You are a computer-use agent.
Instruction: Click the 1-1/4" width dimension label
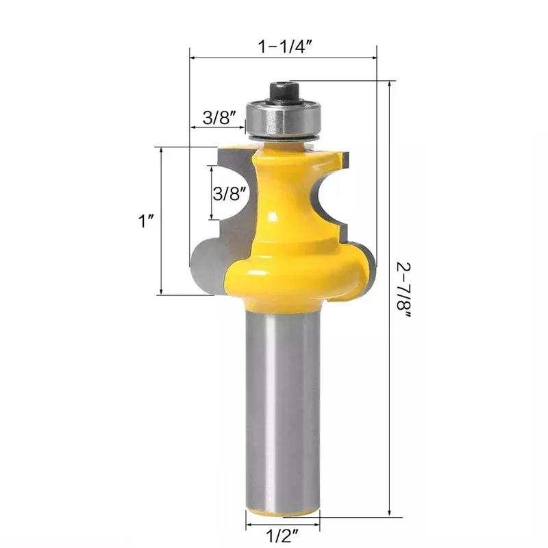(285, 47)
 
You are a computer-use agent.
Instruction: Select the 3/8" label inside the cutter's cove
(228, 193)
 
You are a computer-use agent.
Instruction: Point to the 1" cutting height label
(145, 221)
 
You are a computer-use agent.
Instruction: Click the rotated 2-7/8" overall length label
(406, 295)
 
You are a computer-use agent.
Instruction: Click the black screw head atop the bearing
(283, 90)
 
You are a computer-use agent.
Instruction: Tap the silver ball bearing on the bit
(282, 119)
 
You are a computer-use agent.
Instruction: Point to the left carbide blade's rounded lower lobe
(206, 264)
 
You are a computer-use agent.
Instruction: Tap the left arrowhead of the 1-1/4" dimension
(194, 58)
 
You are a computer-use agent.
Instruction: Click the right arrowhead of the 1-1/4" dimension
(374, 58)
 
